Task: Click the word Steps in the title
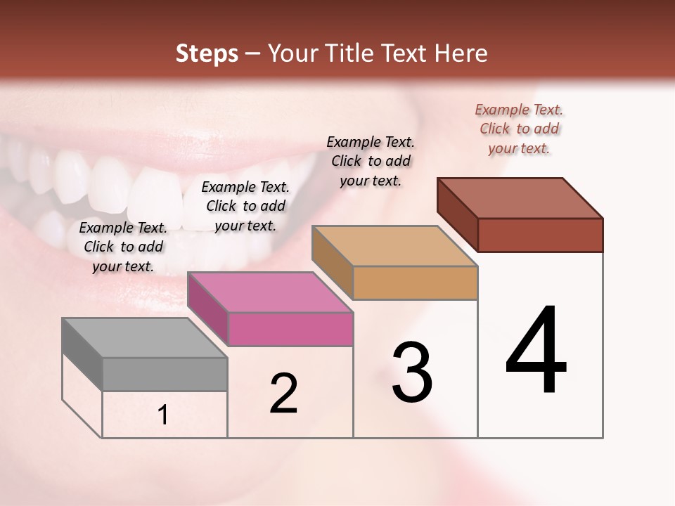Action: (207, 53)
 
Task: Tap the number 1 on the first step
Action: (163, 415)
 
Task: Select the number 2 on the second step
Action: (283, 394)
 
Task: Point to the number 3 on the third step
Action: (412, 372)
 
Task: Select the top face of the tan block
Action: (394, 246)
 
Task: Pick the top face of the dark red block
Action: (520, 198)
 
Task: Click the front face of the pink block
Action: (290, 330)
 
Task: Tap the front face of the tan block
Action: (415, 283)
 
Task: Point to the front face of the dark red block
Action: (540, 235)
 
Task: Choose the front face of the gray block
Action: (165, 375)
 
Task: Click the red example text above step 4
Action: (519, 129)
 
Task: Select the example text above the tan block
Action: (371, 162)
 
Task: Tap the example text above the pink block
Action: (245, 207)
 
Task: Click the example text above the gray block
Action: (123, 247)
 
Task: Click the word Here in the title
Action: (461, 53)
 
